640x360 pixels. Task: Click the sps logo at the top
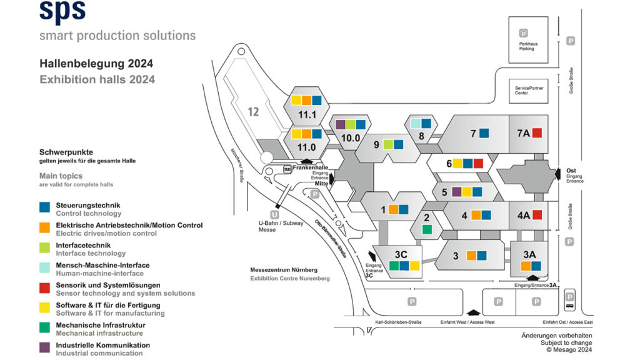[62, 12]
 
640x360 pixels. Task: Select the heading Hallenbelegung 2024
[96, 64]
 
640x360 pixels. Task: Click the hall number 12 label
[252, 112]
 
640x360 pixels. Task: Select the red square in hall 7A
[537, 132]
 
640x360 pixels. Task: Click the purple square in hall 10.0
[341, 124]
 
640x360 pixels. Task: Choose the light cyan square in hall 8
[416, 124]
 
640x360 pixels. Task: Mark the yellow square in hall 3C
[415, 266]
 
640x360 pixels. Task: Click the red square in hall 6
[478, 164]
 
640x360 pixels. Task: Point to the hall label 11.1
[306, 114]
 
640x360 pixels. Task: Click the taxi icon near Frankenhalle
[287, 169]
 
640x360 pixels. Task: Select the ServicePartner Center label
[529, 91]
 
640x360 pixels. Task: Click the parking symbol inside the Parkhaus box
[524, 33]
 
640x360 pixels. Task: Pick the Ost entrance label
[571, 170]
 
